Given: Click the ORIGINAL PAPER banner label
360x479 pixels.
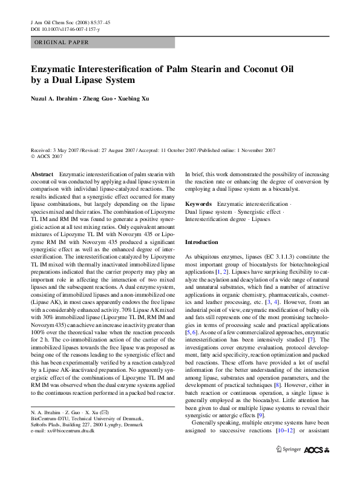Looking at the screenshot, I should pyautogui.click(x=61, y=42).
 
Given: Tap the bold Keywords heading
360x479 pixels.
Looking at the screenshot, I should pyautogui.click(x=198, y=205).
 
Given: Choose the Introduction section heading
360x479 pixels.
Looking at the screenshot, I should pyautogui.click(x=201, y=242).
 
